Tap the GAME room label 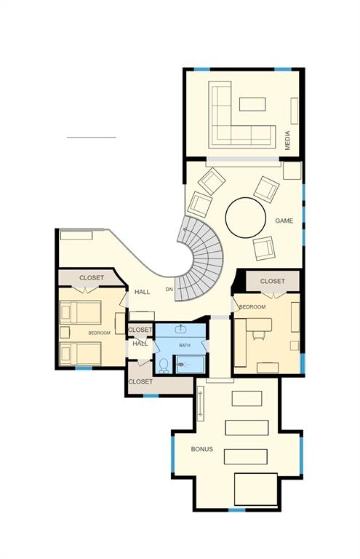point(284,221)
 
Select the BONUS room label point(202,449)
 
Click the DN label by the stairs point(169,290)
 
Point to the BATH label point(185,345)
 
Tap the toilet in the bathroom point(164,365)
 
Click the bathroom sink point(183,330)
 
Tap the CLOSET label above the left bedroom point(92,277)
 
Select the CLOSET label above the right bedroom point(272,281)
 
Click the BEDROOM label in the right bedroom point(252,307)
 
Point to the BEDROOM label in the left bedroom point(100,333)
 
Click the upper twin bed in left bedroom point(80,313)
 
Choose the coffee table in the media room point(252,104)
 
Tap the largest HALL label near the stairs point(142,292)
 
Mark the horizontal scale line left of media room point(91,137)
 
